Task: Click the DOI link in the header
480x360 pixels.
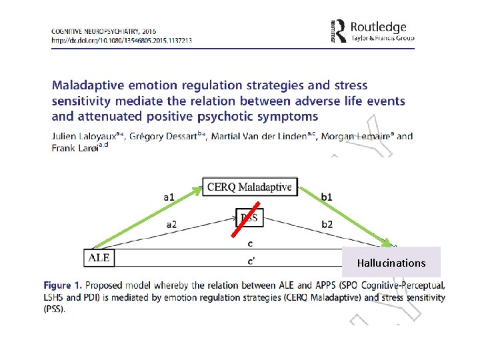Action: tap(121, 40)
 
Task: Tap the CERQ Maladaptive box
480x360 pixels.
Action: tap(249, 187)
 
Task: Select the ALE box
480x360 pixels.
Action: tap(99, 257)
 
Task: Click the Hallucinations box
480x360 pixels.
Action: tap(391, 262)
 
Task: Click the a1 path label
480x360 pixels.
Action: tap(169, 197)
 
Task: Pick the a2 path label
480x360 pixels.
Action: tap(171, 225)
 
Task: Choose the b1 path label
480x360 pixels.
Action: tap(327, 197)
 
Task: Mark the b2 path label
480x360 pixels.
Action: tap(327, 225)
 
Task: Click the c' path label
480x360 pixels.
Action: tap(249, 259)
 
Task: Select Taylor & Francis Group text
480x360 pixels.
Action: tap(383, 38)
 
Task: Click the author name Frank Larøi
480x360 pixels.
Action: tap(74, 148)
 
